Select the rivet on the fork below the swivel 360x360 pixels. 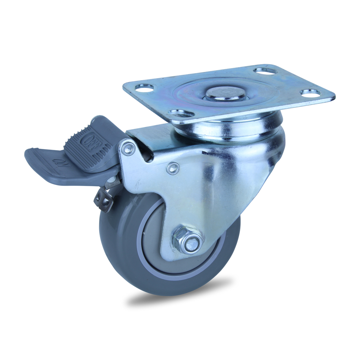(171, 168)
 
